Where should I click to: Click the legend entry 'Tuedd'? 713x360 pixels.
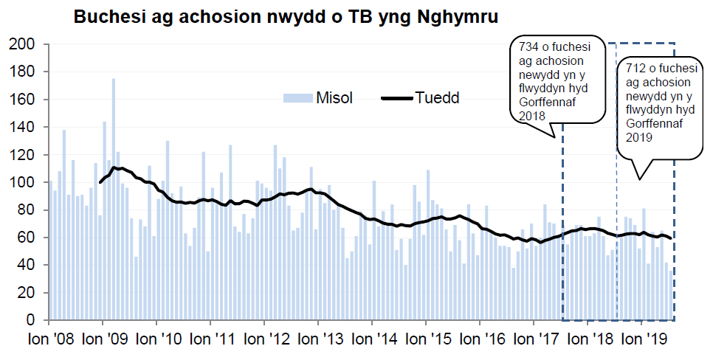coord(437,97)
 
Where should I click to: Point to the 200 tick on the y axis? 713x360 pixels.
coord(24,44)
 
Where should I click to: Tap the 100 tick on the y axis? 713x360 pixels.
coord(24,182)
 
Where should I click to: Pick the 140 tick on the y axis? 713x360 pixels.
coord(24,127)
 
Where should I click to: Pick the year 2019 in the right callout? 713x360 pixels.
coord(638,136)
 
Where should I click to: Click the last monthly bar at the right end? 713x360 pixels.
coord(671,295)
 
